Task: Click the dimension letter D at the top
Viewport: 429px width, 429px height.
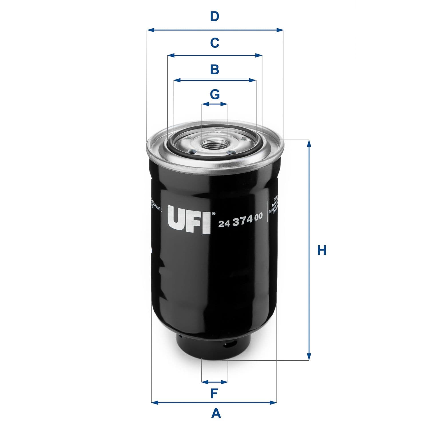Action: pos(214,17)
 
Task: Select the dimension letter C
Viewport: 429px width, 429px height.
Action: pos(214,43)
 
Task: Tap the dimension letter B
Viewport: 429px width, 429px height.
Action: pos(214,69)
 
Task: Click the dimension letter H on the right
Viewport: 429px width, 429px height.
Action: pos(322,250)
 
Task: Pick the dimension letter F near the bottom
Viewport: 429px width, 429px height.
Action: pos(214,394)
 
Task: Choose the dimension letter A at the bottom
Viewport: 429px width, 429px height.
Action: pos(216,413)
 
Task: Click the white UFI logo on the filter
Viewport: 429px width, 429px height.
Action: pos(189,219)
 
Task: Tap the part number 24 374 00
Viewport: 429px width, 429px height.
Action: pos(240,223)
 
